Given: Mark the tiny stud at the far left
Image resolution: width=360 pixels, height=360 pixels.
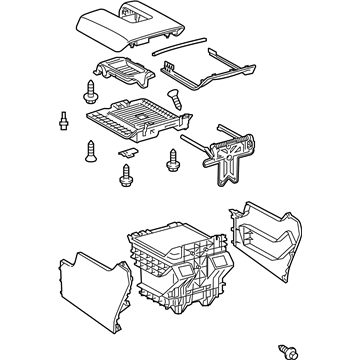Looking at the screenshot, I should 63,118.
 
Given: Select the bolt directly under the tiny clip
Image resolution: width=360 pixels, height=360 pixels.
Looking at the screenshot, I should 125,177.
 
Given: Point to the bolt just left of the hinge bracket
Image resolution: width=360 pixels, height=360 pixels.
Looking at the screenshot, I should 174,157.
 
